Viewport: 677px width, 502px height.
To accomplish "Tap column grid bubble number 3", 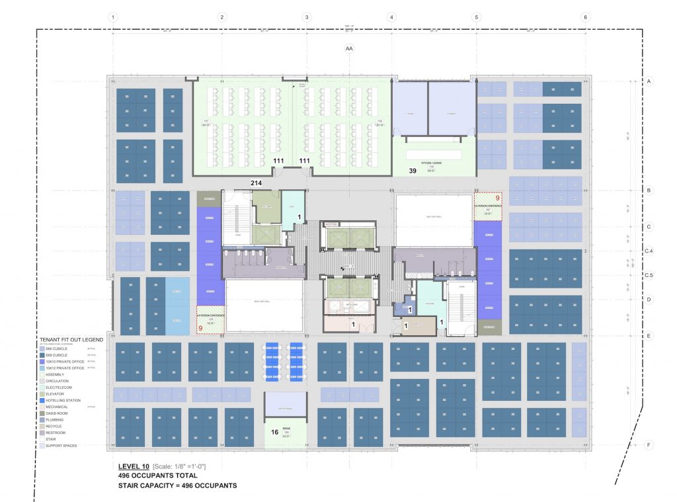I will click(306, 17).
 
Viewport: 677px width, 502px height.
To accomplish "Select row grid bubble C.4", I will click(649, 251).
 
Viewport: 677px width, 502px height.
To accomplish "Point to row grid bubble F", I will click(649, 445).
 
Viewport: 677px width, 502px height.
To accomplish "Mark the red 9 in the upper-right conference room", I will click(497, 197).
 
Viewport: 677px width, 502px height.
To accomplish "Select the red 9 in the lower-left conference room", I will click(200, 328).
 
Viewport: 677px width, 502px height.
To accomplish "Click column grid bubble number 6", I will click(585, 17).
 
